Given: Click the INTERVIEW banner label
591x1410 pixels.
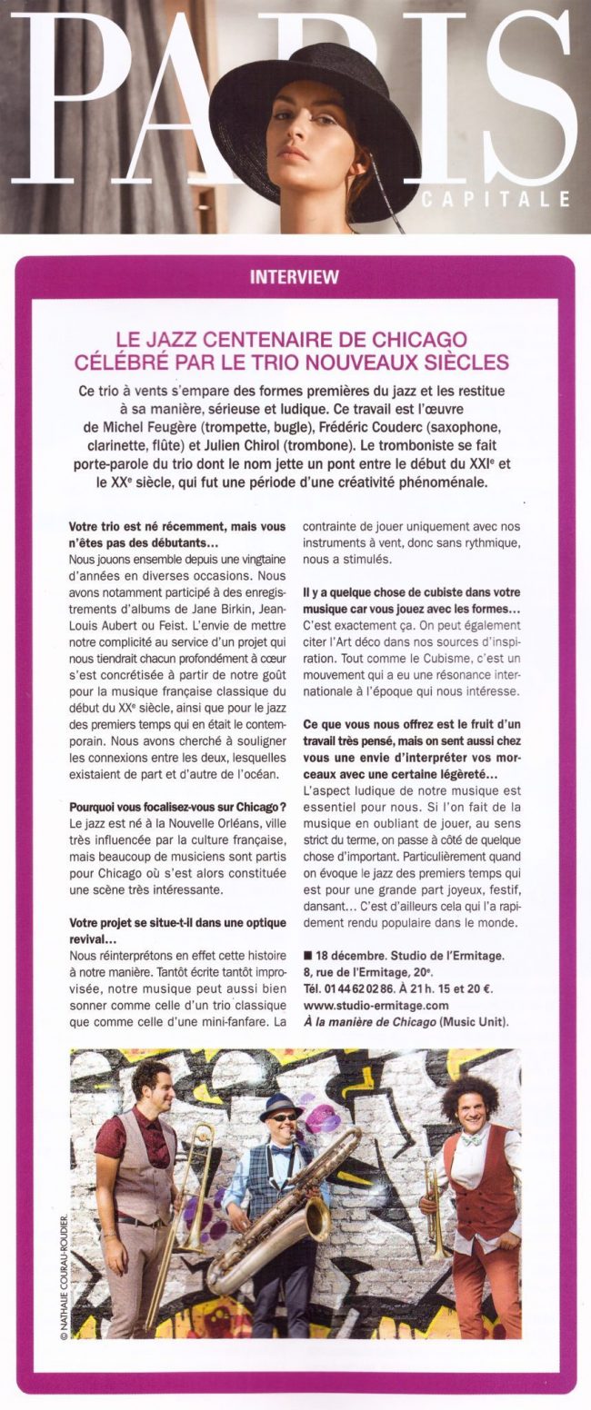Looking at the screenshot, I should click(x=295, y=277).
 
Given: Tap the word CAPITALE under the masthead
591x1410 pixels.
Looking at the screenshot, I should click(x=496, y=199).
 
